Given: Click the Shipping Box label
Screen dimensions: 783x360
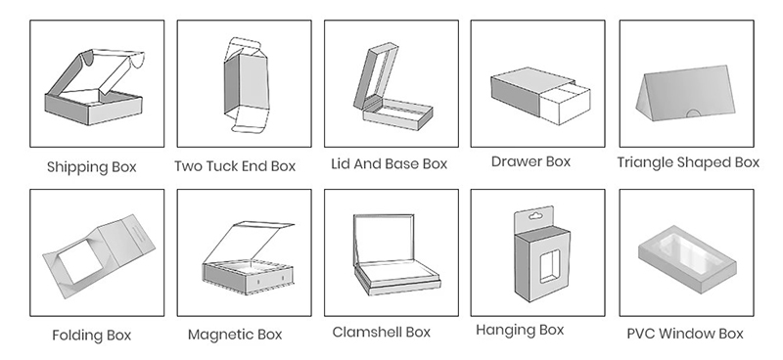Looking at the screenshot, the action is tap(91, 166).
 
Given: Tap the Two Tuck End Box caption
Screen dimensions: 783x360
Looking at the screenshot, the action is tap(235, 165).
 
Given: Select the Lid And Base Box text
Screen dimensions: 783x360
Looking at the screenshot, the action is tap(389, 163).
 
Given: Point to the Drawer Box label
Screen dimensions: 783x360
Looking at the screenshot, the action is tap(530, 161).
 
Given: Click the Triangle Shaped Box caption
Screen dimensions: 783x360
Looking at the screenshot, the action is tap(688, 162).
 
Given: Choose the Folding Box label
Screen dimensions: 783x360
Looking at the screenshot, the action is tap(91, 335).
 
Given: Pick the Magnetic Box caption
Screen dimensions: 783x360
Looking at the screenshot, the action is tap(235, 334).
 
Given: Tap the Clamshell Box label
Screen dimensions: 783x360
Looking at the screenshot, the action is tap(381, 332).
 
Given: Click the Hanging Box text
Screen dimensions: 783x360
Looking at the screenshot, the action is tap(520, 330).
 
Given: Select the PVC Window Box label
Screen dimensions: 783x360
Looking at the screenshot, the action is tap(685, 333).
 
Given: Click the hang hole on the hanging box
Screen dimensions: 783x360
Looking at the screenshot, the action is tap(533, 215).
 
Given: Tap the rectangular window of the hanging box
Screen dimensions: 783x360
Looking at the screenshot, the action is tap(549, 267).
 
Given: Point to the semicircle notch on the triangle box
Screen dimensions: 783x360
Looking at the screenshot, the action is tap(693, 112).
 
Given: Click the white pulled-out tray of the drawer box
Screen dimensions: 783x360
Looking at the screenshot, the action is tap(566, 104).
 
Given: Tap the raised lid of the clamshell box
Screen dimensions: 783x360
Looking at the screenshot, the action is tap(384, 239).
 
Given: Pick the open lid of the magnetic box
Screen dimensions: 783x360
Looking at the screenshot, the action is tap(250, 242).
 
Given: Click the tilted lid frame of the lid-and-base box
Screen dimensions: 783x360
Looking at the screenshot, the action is tap(376, 75).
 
